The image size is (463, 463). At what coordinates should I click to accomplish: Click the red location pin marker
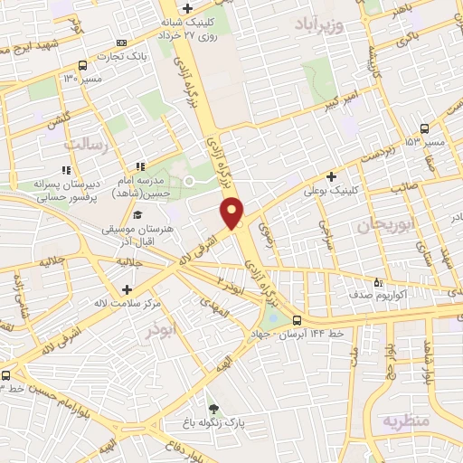click(x=232, y=212)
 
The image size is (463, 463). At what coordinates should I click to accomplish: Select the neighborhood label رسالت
click(x=86, y=143)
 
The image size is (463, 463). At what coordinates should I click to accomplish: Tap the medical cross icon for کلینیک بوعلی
click(x=332, y=175)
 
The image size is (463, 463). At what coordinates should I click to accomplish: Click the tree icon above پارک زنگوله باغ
click(x=213, y=407)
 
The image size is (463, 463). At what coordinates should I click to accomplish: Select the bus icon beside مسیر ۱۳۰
click(x=83, y=66)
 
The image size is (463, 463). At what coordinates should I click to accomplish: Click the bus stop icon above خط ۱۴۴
click(x=298, y=319)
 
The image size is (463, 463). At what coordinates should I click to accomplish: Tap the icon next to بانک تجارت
click(x=123, y=43)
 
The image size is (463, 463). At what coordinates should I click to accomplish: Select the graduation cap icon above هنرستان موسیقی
click(x=137, y=215)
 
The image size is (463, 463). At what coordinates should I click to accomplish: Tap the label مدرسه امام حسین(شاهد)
click(x=148, y=187)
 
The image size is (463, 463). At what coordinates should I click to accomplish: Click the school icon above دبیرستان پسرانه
click(x=65, y=170)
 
